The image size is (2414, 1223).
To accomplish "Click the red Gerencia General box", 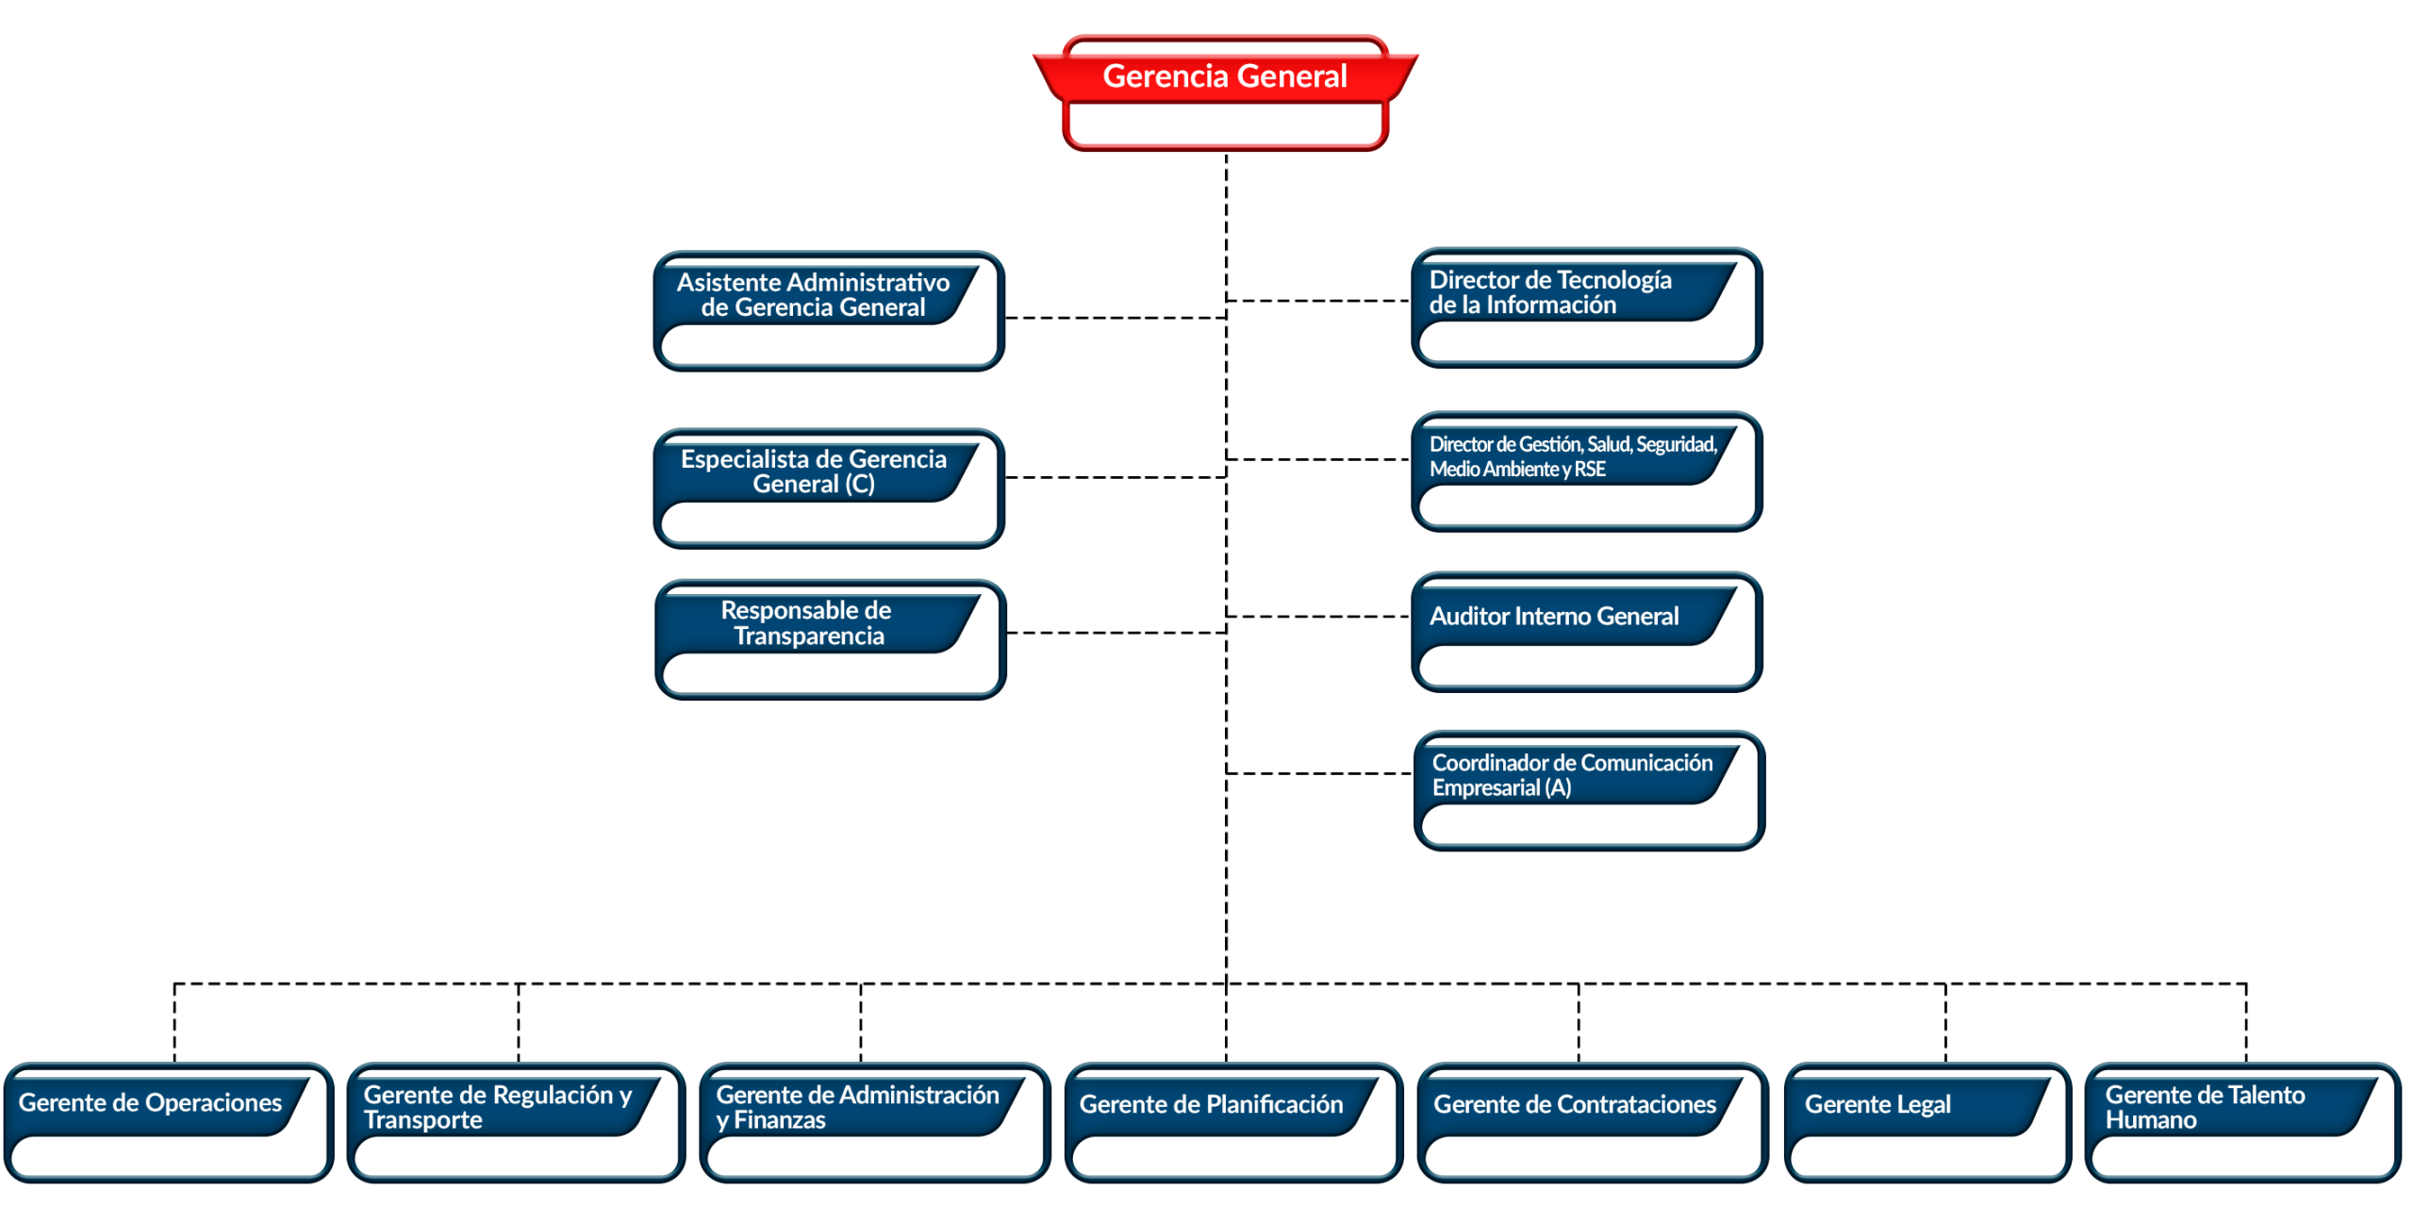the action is (x=1224, y=92).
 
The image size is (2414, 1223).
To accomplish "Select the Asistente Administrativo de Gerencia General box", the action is (x=828, y=310).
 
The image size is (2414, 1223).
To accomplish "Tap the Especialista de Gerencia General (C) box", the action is (x=828, y=488).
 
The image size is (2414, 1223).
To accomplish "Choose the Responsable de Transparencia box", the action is (x=830, y=638).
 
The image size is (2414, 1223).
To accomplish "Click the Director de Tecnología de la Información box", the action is (x=1586, y=307).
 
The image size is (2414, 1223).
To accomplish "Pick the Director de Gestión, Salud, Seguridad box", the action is (x=1586, y=471).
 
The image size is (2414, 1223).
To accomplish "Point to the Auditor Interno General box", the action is (x=1586, y=631).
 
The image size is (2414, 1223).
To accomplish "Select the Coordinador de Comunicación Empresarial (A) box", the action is (x=1588, y=789).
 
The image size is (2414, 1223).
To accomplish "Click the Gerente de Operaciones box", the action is (x=169, y=1121).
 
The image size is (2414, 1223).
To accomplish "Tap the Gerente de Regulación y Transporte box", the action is (x=516, y=1121).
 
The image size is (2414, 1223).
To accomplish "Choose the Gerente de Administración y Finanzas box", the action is (x=874, y=1121).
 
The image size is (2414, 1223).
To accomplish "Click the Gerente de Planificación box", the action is (x=1233, y=1121).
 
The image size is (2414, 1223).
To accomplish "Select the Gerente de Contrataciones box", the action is (x=1592, y=1121).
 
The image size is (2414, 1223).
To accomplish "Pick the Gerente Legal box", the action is (x=1926, y=1121).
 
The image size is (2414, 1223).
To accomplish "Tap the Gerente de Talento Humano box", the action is (x=2241, y=1121).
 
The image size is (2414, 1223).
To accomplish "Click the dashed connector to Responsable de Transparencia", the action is (x=1116, y=632).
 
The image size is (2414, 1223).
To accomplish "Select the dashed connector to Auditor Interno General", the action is (x=1318, y=616).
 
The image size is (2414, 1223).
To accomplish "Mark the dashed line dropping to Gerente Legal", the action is (x=1944, y=1022).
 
